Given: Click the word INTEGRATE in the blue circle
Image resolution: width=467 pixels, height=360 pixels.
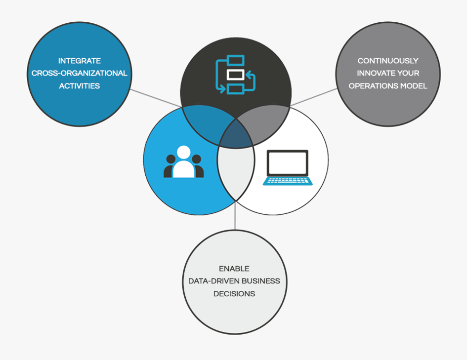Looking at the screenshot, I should [x=79, y=61].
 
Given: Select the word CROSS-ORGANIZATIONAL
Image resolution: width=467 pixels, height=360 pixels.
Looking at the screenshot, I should [x=79, y=73].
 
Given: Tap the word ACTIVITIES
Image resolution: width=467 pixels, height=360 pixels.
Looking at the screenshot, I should [x=79, y=86].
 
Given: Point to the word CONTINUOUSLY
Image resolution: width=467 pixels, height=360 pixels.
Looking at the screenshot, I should [x=388, y=61].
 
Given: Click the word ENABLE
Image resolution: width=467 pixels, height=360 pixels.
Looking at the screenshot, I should [x=234, y=268].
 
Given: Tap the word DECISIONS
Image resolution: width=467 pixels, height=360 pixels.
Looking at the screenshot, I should [x=234, y=293].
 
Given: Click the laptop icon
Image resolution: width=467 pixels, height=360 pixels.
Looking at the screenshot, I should [x=287, y=167].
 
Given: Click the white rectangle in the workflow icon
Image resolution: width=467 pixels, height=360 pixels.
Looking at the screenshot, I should [x=236, y=75].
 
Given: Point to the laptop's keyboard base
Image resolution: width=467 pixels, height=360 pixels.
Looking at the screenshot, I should [x=287, y=181].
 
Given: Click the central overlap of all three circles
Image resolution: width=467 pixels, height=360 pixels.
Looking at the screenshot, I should [x=236, y=133].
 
